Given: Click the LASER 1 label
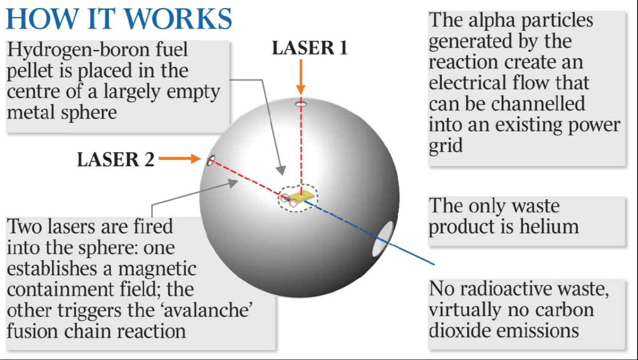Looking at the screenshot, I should click(x=309, y=48).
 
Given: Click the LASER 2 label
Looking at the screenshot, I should click(x=115, y=160).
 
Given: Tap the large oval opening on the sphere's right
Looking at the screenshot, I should click(x=383, y=239).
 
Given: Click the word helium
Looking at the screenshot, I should click(x=549, y=227).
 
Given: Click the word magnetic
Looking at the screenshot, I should click(x=157, y=269).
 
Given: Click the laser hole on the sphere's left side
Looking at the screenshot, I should click(x=210, y=160).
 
